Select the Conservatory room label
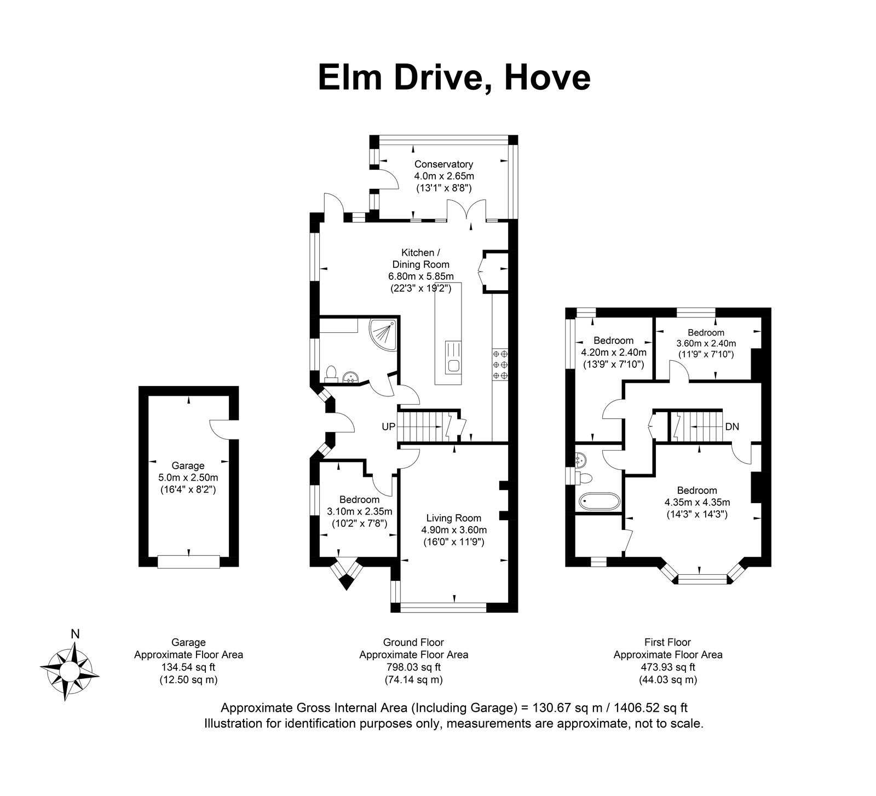pos(443,164)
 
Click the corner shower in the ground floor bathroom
pos(383,334)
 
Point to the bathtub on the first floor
pos(600,501)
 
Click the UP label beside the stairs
pos(388,426)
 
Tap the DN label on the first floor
pos(733,426)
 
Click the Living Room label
pos(454,518)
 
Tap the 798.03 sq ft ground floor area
pos(413,667)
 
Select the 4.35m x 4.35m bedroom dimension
pos(697,502)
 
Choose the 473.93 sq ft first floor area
pos(668,667)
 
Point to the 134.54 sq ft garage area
pos(189,667)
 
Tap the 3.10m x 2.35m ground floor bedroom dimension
pos(360,512)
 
